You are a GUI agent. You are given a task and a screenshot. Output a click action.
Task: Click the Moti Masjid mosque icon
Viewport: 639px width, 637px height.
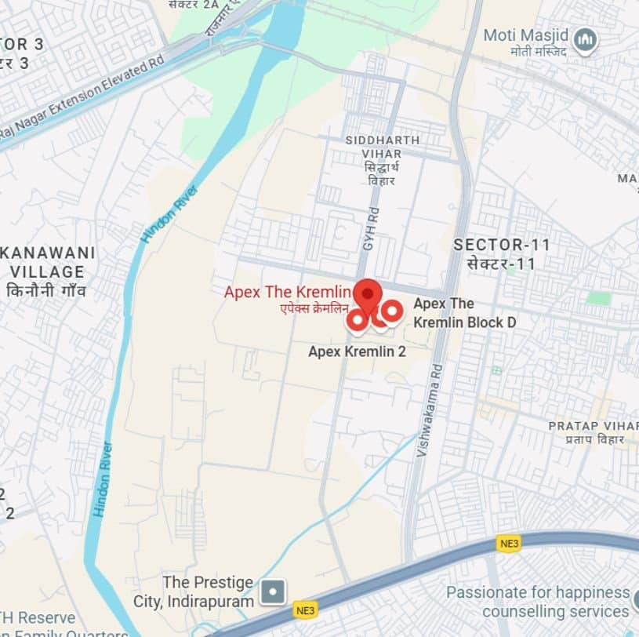pyautogui.click(x=584, y=40)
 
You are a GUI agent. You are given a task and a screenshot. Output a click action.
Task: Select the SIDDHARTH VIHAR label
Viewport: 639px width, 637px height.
pyautogui.click(x=383, y=140)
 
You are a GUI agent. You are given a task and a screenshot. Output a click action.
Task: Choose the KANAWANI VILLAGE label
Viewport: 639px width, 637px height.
pyautogui.click(x=49, y=263)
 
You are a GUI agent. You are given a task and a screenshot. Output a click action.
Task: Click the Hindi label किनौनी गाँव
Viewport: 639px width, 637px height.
pyautogui.click(x=46, y=291)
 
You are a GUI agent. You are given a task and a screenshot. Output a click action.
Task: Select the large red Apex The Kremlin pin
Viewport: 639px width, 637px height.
pyautogui.click(x=367, y=294)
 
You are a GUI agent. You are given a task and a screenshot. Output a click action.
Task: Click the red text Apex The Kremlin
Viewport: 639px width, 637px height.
pyautogui.click(x=287, y=292)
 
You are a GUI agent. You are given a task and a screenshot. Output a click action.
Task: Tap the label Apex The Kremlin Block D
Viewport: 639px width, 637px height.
pyautogui.click(x=464, y=313)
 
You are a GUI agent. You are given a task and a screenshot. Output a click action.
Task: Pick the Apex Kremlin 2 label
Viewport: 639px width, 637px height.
pyautogui.click(x=357, y=351)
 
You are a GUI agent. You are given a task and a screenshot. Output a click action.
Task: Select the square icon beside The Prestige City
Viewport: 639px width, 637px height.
pyautogui.click(x=272, y=591)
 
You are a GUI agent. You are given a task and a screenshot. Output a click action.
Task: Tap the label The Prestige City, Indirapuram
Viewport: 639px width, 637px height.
pyautogui.click(x=208, y=592)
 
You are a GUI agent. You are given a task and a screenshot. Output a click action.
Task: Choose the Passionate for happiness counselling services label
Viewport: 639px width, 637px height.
pyautogui.click(x=538, y=602)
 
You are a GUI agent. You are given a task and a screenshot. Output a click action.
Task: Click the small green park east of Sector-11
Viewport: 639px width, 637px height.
pyautogui.click(x=599, y=298)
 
